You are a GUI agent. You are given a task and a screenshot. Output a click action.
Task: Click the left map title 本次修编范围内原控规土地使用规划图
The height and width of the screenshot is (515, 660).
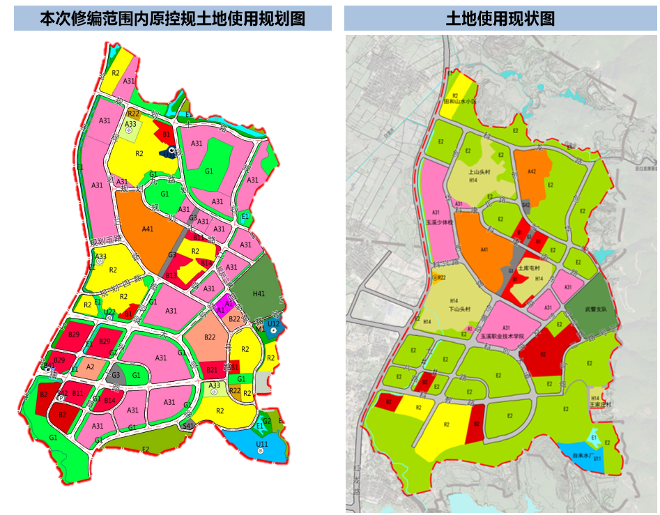[172, 19]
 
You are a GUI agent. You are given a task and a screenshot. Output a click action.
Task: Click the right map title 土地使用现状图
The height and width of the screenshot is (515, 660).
[500, 19]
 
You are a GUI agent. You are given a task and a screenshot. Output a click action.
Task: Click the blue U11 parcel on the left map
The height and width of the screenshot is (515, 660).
[262, 443]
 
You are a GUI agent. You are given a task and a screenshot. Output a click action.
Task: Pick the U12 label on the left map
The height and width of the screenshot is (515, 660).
[273, 324]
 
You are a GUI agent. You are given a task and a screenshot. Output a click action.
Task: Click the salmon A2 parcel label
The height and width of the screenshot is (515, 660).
[90, 367]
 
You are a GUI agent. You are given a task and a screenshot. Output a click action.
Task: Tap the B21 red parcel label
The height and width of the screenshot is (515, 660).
[213, 369]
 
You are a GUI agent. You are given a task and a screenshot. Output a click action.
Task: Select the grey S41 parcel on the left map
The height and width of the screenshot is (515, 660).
[187, 424]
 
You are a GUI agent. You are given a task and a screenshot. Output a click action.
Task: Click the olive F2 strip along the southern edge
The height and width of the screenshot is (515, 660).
[146, 449]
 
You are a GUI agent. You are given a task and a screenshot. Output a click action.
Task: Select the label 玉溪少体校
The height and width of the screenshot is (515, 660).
[439, 222]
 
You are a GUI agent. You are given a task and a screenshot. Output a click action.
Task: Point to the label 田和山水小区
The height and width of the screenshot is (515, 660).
[460, 101]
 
